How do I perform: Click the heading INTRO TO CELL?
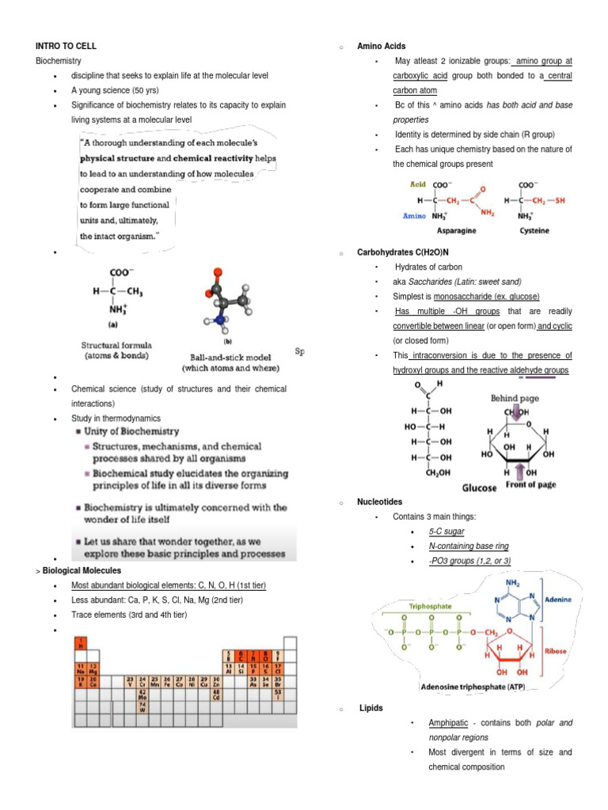pos(66,46)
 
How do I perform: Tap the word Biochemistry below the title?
pos(58,61)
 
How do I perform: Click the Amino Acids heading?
pos(382,47)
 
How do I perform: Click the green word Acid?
pos(417,184)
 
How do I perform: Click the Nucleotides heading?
pos(380,502)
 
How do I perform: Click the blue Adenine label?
pos(561,600)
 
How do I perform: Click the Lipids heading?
pos(370,709)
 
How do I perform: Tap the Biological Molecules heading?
pos(82,570)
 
